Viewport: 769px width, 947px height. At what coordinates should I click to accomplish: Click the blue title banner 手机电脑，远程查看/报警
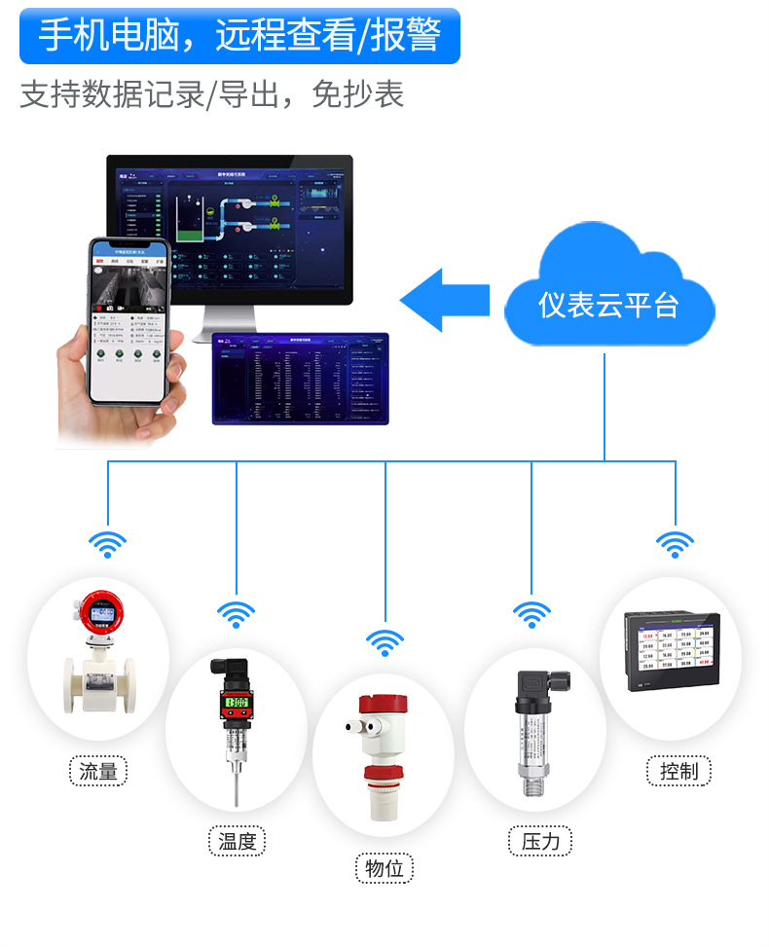(x=239, y=36)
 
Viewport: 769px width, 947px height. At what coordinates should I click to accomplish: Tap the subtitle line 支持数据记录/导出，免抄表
(x=211, y=93)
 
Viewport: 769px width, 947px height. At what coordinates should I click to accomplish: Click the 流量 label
(x=98, y=772)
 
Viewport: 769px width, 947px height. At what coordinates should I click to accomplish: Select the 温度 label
(x=237, y=842)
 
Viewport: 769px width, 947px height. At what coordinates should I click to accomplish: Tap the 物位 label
(x=384, y=868)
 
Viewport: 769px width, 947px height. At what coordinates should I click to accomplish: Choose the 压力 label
(x=540, y=841)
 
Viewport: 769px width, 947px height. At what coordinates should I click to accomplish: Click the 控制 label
(x=678, y=772)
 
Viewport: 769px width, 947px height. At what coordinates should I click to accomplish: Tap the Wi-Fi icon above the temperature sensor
(x=236, y=614)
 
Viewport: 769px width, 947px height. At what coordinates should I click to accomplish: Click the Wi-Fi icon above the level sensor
(x=385, y=642)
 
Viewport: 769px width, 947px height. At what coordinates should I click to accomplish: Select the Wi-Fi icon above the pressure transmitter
(x=531, y=614)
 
